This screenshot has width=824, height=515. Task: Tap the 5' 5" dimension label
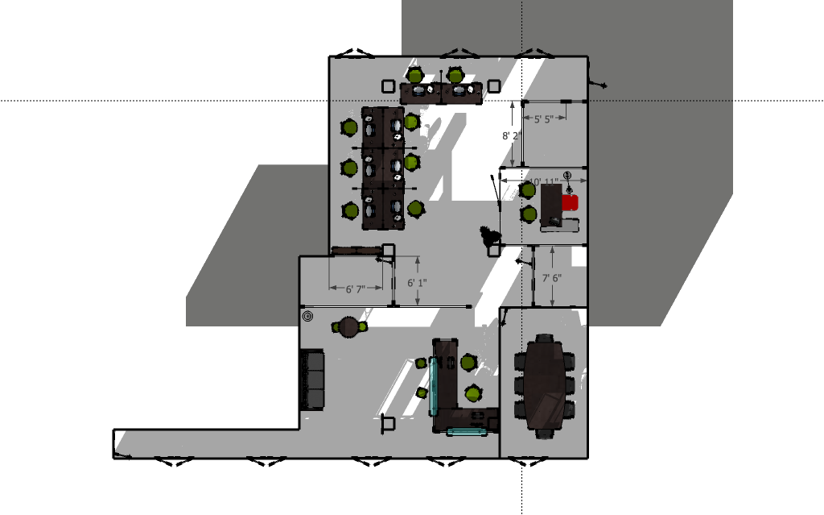pyautogui.click(x=537, y=119)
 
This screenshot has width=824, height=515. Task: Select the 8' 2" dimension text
pyautogui.click(x=510, y=135)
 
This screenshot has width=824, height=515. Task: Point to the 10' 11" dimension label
pyautogui.click(x=541, y=181)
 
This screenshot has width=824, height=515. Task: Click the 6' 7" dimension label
pyautogui.click(x=355, y=289)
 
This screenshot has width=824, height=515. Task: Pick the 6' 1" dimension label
pyautogui.click(x=417, y=283)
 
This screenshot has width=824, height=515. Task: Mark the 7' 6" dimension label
pyautogui.click(x=551, y=278)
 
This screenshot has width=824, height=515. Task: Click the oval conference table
pyautogui.click(x=545, y=384)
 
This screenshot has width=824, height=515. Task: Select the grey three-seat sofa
pyautogui.click(x=312, y=379)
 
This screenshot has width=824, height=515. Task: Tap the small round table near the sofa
pyautogui.click(x=349, y=326)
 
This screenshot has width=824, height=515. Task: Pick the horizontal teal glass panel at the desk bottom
pyautogui.click(x=467, y=432)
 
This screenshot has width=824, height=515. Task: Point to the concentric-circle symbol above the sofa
pyautogui.click(x=307, y=317)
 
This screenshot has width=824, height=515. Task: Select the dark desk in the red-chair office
pyautogui.click(x=551, y=203)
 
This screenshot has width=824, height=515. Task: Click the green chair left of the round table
pyautogui.click(x=336, y=327)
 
